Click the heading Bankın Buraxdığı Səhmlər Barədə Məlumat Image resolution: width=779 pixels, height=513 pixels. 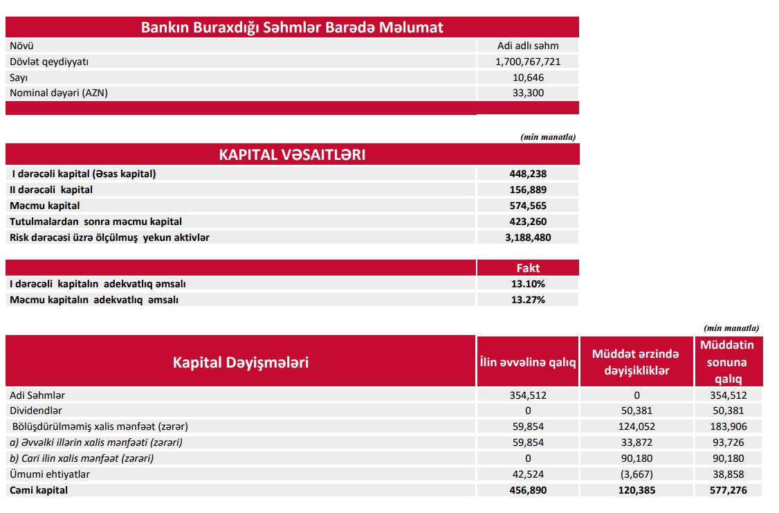pyautogui.click(x=292, y=28)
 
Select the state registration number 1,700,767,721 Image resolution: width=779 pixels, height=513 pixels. pyautogui.click(x=528, y=62)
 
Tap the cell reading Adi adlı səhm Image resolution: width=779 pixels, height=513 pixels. pyautogui.click(x=528, y=46)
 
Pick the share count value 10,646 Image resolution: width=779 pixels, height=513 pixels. pyautogui.click(x=528, y=78)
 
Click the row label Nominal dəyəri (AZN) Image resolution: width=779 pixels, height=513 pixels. pyautogui.click(x=59, y=93)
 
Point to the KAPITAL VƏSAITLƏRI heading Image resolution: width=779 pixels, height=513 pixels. pyautogui.click(x=292, y=154)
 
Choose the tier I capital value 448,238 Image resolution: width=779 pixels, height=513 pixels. pyautogui.click(x=528, y=174)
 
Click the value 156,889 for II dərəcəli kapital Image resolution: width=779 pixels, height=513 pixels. pyautogui.click(x=528, y=190)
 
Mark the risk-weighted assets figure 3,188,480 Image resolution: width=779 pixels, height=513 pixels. pyautogui.click(x=528, y=237)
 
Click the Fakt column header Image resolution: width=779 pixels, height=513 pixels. pyautogui.click(x=528, y=268)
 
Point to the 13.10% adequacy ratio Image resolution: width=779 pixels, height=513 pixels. pyautogui.click(x=528, y=284)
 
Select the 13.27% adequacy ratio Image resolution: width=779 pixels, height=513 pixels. pyautogui.click(x=528, y=300)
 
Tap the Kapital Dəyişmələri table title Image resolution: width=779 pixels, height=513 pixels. pyautogui.click(x=241, y=362)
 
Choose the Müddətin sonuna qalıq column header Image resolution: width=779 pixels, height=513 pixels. pyautogui.click(x=727, y=361)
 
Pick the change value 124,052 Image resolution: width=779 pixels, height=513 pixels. pyautogui.click(x=636, y=426)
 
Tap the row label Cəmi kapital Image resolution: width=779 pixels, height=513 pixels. pyautogui.click(x=39, y=490)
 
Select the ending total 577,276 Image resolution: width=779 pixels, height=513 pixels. pyautogui.click(x=727, y=490)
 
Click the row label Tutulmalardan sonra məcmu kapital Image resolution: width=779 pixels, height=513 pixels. pyautogui.click(x=95, y=222)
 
